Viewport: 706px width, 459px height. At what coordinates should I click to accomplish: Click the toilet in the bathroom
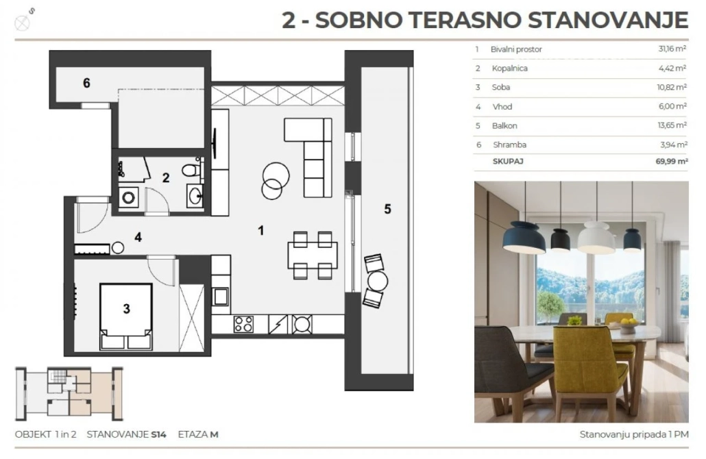pos(192,170)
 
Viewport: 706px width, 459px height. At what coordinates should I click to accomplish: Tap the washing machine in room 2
pos(128,198)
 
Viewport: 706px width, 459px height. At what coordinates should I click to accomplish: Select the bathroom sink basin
pos(195,196)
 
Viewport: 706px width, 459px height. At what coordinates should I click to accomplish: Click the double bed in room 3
pos(126,317)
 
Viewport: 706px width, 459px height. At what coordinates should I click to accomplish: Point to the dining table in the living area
pos(313,256)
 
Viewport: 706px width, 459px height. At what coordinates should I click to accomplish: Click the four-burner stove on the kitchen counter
pos(243,324)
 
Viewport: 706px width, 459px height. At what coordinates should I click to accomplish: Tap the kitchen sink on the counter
pos(221,297)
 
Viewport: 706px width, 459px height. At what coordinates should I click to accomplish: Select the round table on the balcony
pos(377,281)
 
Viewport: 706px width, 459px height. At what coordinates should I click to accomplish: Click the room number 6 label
pos(86,83)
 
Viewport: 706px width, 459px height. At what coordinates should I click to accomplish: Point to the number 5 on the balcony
pos(387,209)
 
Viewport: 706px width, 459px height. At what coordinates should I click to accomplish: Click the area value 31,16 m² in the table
pos(672,49)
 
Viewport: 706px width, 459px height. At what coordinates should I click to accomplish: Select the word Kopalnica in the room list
pos(510,69)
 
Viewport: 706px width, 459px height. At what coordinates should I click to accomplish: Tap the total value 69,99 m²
pos(672,161)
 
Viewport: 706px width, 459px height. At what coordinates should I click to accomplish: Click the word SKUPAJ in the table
pos(508,161)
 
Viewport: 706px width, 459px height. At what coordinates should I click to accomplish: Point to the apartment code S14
pos(158,435)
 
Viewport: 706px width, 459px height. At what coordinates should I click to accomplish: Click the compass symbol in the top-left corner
pos(22,23)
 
